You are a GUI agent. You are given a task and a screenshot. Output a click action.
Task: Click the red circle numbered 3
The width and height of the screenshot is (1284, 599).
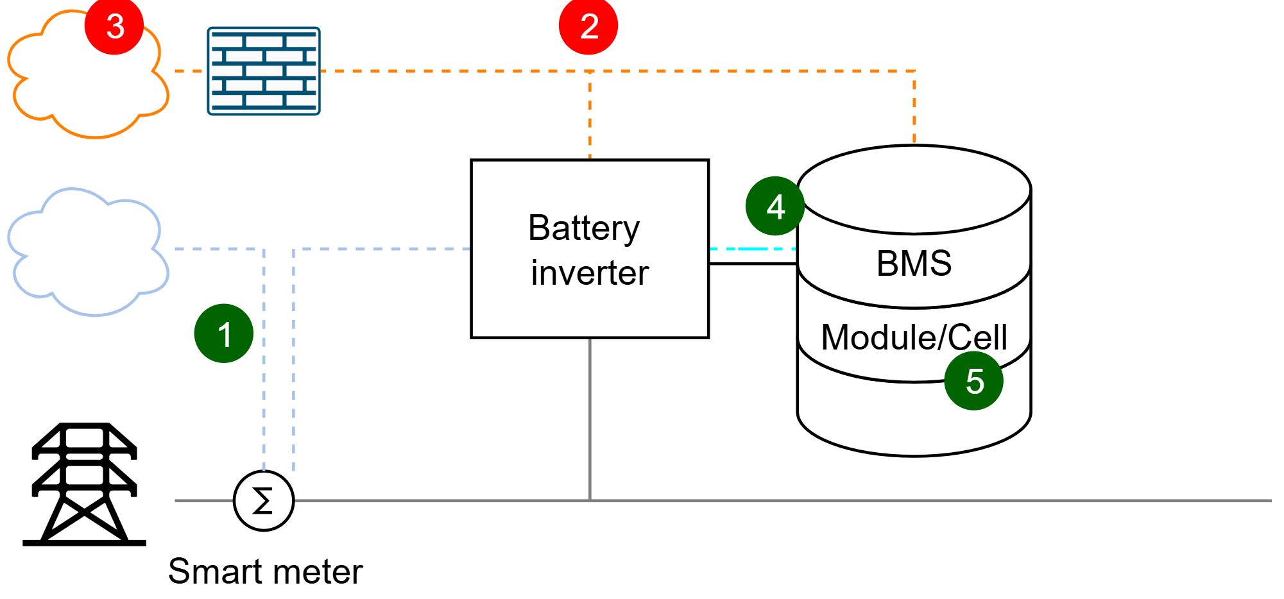(114, 26)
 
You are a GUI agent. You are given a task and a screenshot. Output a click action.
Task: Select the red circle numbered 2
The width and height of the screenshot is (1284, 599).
(588, 26)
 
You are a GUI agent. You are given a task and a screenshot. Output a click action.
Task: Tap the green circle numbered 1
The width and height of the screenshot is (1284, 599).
(224, 333)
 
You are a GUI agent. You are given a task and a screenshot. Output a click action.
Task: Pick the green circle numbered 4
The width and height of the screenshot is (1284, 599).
(775, 206)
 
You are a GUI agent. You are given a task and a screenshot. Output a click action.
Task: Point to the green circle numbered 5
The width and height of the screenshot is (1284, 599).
(974, 380)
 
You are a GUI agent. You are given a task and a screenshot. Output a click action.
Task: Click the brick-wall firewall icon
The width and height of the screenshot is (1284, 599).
(264, 71)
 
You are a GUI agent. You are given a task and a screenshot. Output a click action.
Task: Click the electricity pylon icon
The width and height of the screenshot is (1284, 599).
(84, 484)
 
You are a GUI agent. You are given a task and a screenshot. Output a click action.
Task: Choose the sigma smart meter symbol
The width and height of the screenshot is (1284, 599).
(264, 501)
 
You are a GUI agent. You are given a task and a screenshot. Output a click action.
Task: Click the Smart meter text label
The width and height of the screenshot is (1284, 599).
(265, 571)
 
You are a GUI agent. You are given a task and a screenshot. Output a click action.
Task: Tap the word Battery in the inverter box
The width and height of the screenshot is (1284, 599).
(584, 229)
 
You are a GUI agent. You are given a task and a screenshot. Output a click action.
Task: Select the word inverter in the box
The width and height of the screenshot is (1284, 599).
(590, 273)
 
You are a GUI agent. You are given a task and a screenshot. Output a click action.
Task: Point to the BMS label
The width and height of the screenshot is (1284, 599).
(914, 263)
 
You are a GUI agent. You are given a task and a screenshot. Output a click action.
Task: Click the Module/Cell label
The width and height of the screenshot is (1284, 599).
(914, 337)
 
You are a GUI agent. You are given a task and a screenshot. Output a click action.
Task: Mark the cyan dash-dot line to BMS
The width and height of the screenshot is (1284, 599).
(753, 249)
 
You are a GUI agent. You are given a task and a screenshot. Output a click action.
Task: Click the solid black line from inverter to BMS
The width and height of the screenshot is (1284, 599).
(753, 264)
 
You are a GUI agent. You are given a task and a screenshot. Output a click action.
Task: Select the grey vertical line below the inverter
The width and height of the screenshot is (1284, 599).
(590, 419)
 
